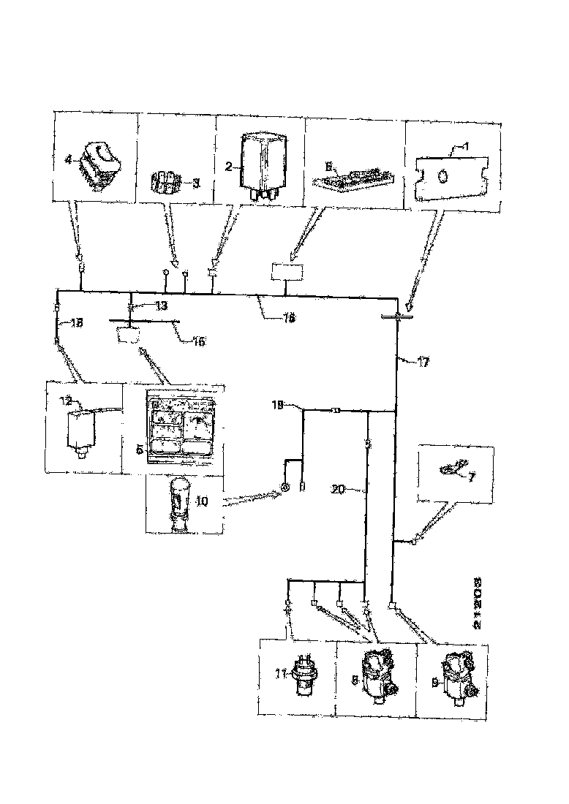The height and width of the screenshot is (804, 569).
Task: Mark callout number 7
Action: tap(471, 477)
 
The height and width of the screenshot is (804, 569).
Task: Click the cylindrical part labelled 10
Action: tap(178, 504)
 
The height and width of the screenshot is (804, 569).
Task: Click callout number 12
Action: tap(66, 400)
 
